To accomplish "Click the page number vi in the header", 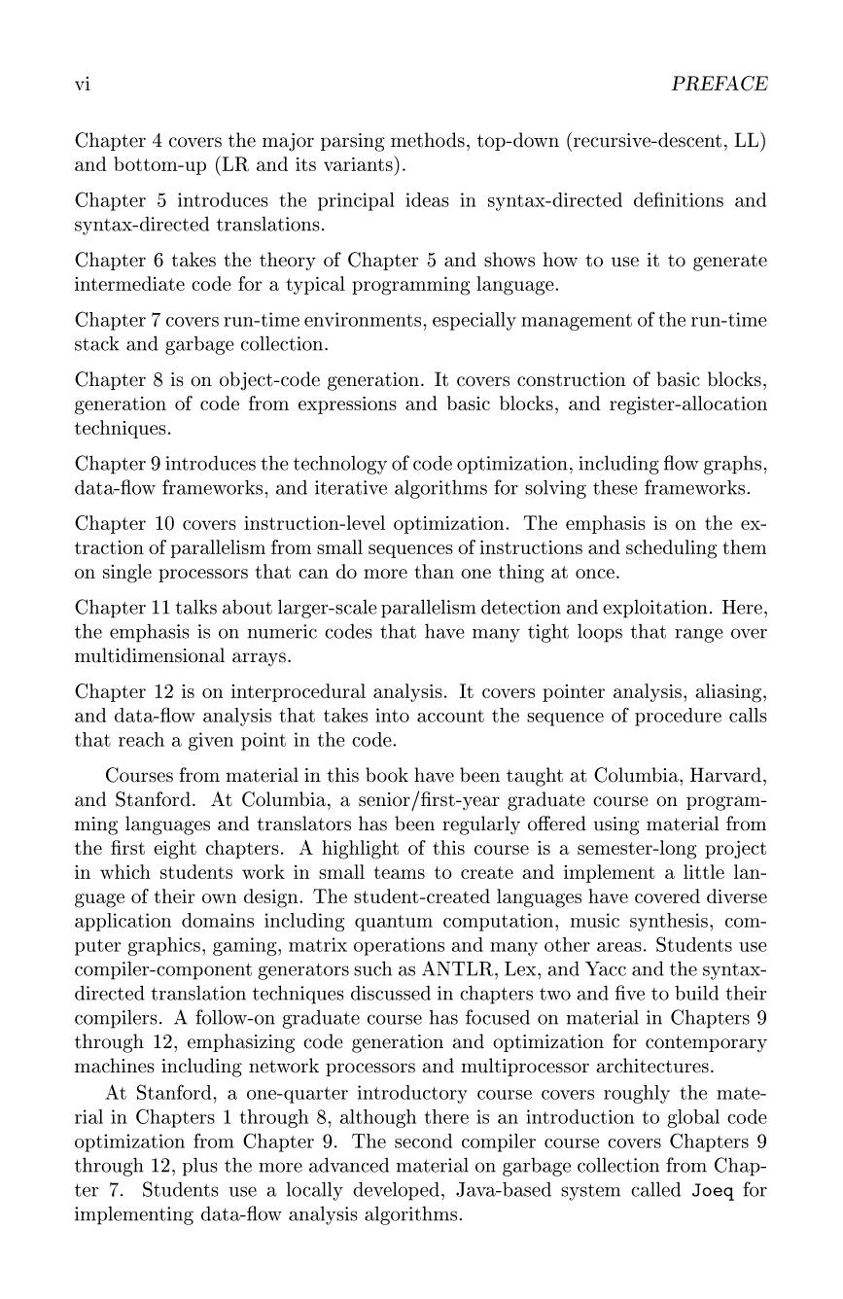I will coord(83,85).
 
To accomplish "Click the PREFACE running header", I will coord(720,85).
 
